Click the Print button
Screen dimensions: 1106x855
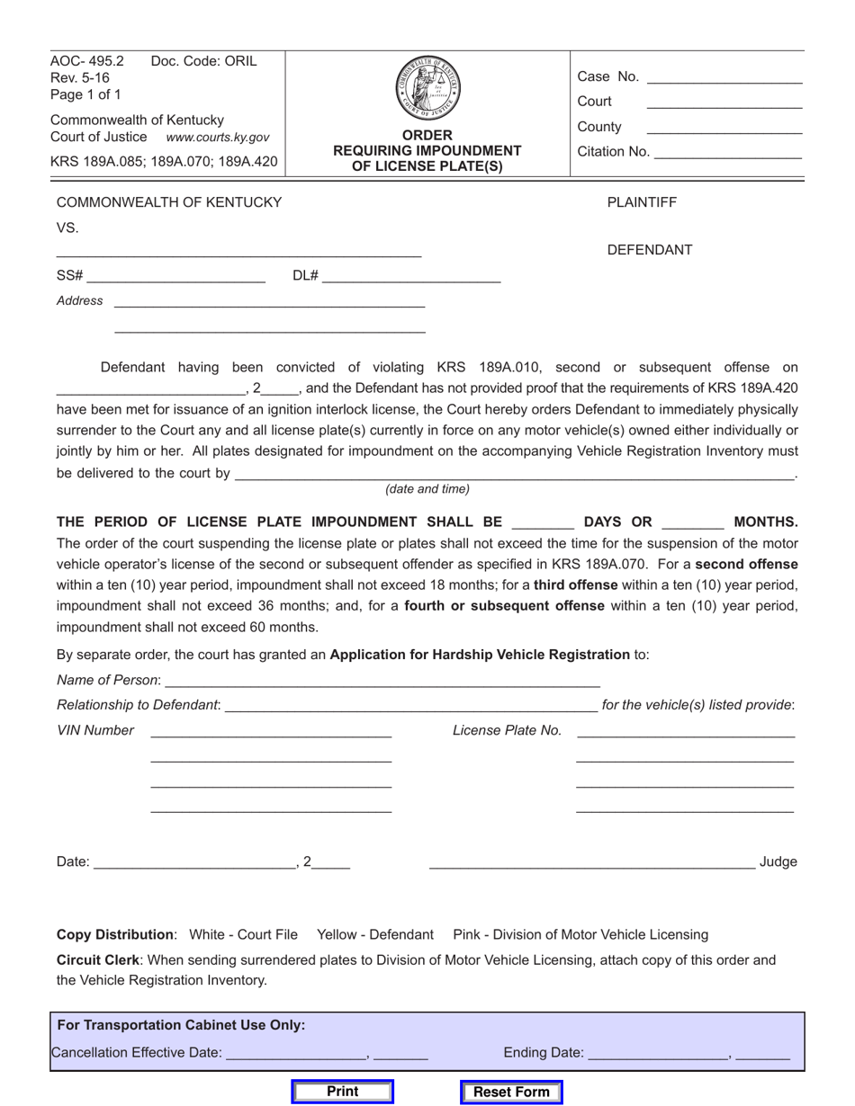click(343, 1092)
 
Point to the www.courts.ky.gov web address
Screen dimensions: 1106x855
click(217, 138)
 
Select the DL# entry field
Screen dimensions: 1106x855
click(410, 276)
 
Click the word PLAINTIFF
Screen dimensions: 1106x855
click(642, 202)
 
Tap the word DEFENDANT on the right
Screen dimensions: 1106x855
click(649, 250)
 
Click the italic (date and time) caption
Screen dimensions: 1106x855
click(427, 489)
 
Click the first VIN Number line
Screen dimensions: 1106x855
click(271, 731)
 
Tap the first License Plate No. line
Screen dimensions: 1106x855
click(685, 731)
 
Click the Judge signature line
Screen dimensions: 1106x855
click(591, 861)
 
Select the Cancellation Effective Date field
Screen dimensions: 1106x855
click(296, 1053)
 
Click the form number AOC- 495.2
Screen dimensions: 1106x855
click(87, 61)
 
